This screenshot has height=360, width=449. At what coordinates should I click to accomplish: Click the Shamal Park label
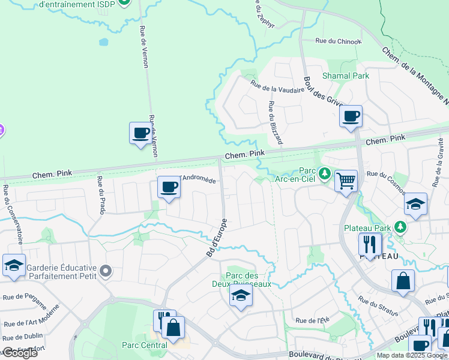(346, 76)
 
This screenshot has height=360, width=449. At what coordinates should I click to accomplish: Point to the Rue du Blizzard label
(275, 122)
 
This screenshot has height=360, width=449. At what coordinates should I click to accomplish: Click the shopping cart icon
(346, 180)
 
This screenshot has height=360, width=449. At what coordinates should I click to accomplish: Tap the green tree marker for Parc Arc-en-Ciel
(325, 173)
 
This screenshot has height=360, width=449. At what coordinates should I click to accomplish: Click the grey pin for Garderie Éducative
(106, 272)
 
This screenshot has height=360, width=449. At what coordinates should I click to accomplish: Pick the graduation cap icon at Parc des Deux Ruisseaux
(241, 295)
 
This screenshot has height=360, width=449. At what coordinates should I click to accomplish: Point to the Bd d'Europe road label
(217, 238)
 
